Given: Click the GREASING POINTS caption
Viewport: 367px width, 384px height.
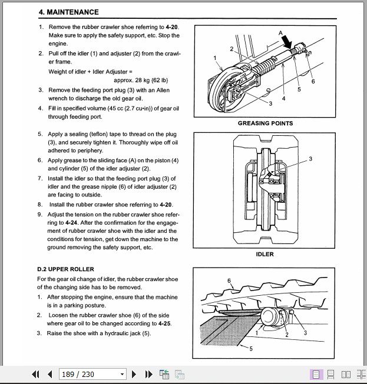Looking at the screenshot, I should pos(265,123).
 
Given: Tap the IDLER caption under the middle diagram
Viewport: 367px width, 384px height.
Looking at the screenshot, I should pos(264,255).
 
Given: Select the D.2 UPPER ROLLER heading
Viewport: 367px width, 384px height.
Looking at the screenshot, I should pos(66,269).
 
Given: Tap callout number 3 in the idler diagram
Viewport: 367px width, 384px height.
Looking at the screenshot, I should pos(310,159).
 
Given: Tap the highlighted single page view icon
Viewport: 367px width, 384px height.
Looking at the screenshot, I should pos(316,374).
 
